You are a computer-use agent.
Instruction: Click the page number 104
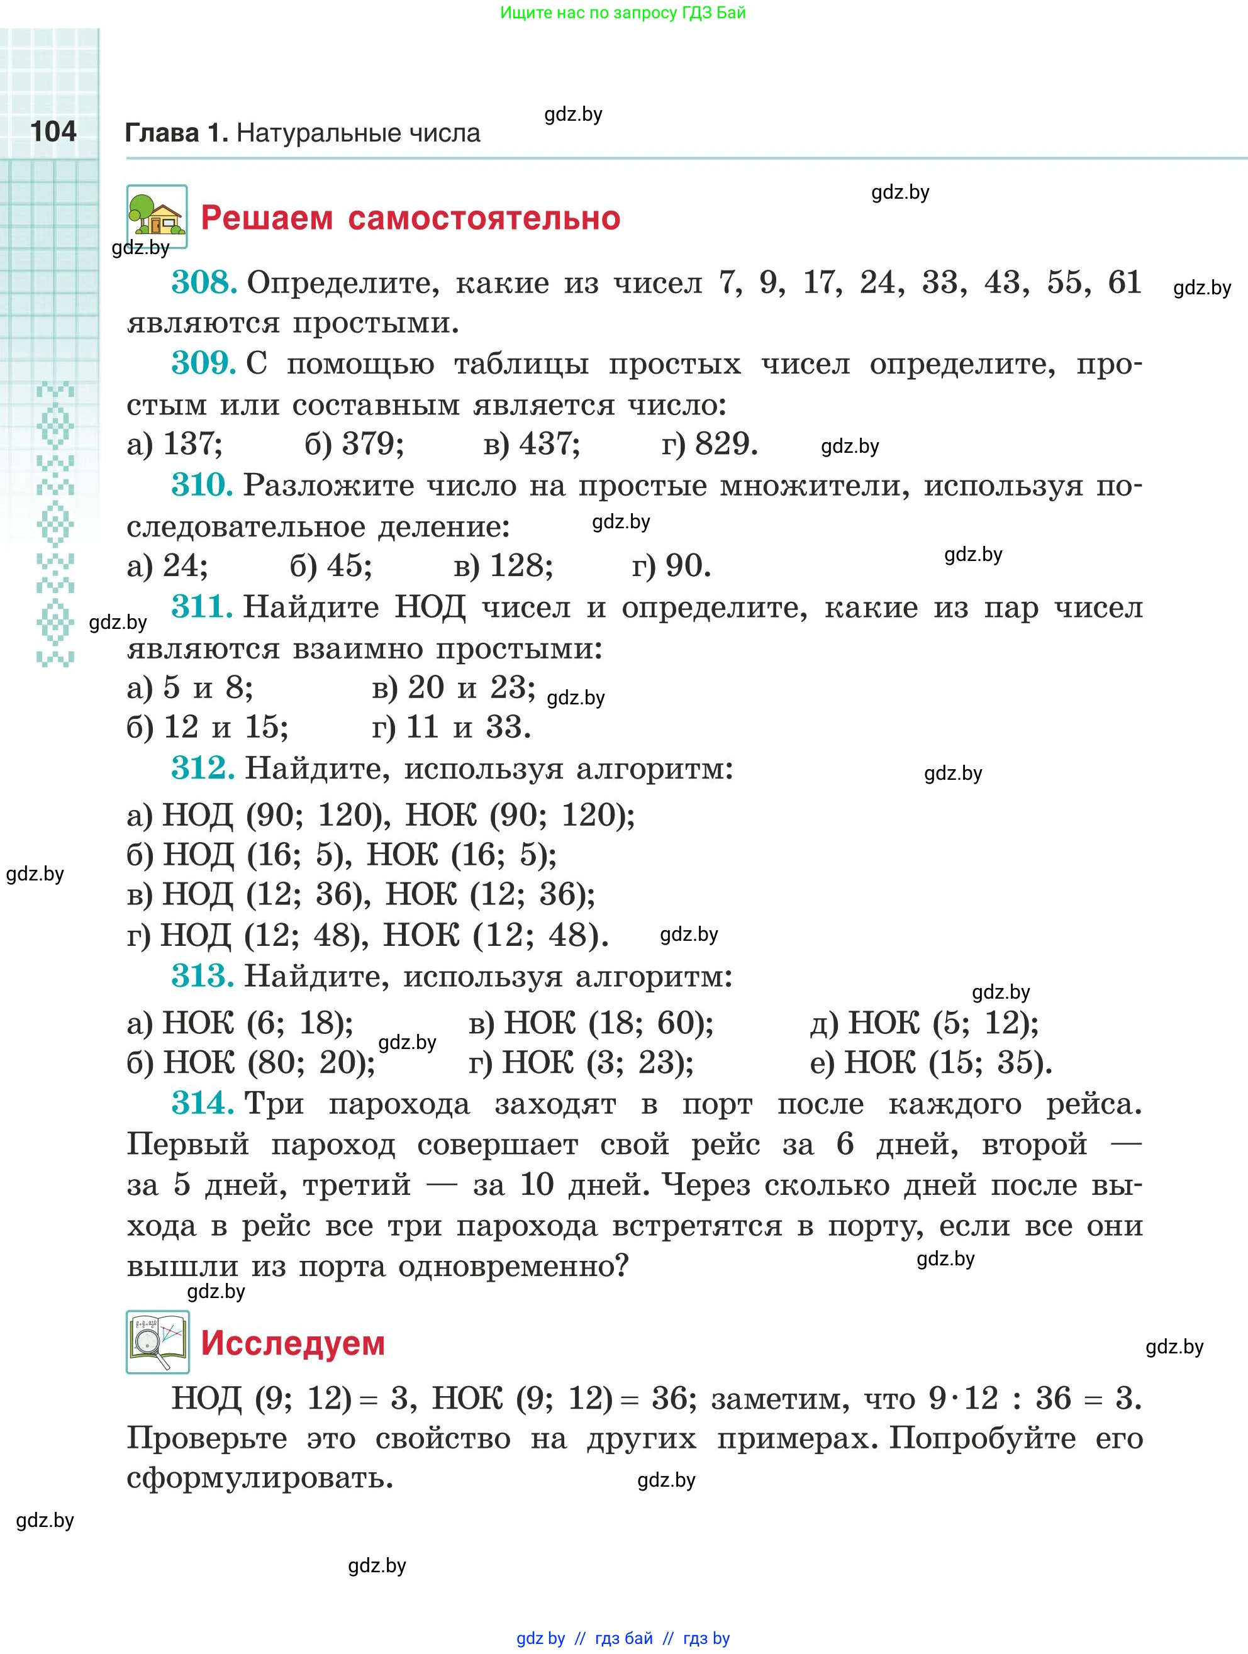53,131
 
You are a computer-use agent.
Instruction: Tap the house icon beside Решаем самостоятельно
156,216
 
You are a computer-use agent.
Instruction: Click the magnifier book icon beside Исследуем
157,1342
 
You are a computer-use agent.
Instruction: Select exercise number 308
203,282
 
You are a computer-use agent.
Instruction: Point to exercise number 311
201,606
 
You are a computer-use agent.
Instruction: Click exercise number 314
202,1103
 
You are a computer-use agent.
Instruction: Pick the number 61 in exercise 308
1124,282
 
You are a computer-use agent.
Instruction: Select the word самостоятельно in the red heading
484,218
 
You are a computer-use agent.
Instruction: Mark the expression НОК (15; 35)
947,1063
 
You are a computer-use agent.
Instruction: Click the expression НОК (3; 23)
598,1063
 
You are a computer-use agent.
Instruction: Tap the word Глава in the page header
162,133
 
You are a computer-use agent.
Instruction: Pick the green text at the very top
622,13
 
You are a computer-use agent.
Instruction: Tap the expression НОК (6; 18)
257,1023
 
